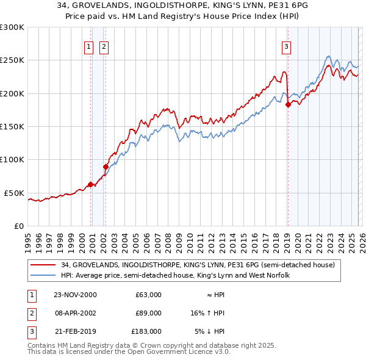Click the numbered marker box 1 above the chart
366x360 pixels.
click(x=88, y=46)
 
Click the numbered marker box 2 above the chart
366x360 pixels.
click(x=104, y=46)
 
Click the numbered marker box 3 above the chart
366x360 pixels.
click(x=286, y=46)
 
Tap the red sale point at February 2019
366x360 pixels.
click(x=288, y=105)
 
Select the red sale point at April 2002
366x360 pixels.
click(x=106, y=167)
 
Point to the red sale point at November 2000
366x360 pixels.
click(x=91, y=184)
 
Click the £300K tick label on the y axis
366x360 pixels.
click(x=12, y=27)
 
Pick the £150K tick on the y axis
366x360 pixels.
click(x=12, y=126)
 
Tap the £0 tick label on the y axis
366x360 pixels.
click(x=18, y=226)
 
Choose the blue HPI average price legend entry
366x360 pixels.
click(x=174, y=276)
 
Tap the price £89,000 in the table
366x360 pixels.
click(x=148, y=312)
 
